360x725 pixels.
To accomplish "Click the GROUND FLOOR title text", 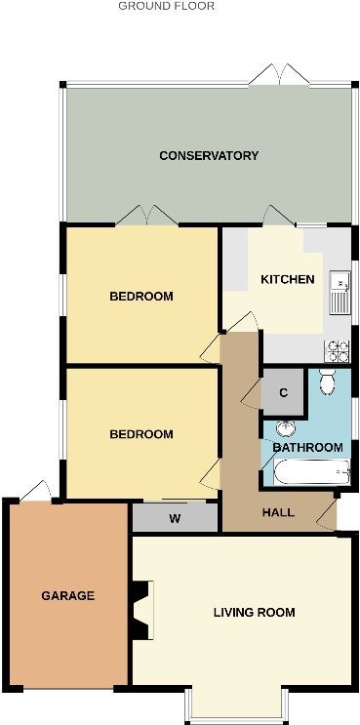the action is pyautogui.click(x=167, y=6).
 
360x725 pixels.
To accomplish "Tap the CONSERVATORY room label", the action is pyautogui.click(x=209, y=155).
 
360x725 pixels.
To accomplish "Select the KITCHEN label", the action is pyautogui.click(x=288, y=279).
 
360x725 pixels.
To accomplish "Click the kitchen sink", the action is pyautogui.click(x=340, y=292).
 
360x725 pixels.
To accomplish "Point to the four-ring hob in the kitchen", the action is pyautogui.click(x=337, y=351).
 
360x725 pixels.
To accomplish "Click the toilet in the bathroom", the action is pyautogui.click(x=328, y=382).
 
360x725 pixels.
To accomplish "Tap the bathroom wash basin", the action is pyautogui.click(x=286, y=428).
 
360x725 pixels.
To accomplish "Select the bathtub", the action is pyautogui.click(x=311, y=471).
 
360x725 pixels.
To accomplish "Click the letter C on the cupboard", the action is pyautogui.click(x=284, y=393).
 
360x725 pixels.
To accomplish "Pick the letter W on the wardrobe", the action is pyautogui.click(x=175, y=519).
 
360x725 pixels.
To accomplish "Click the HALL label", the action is pyautogui.click(x=278, y=512).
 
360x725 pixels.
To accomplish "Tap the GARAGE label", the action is pyautogui.click(x=68, y=595).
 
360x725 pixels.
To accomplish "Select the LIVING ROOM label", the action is pyautogui.click(x=255, y=613).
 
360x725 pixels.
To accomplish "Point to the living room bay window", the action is pyautogui.click(x=237, y=706).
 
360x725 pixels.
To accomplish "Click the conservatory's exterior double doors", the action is pyautogui.click(x=279, y=75).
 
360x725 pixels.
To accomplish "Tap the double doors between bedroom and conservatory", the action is pyautogui.click(x=146, y=216).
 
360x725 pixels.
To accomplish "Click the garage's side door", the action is pyautogui.click(x=36, y=491).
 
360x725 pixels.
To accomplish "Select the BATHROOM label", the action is pyautogui.click(x=307, y=448).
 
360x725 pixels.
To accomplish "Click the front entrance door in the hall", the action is pyautogui.click(x=327, y=514).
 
